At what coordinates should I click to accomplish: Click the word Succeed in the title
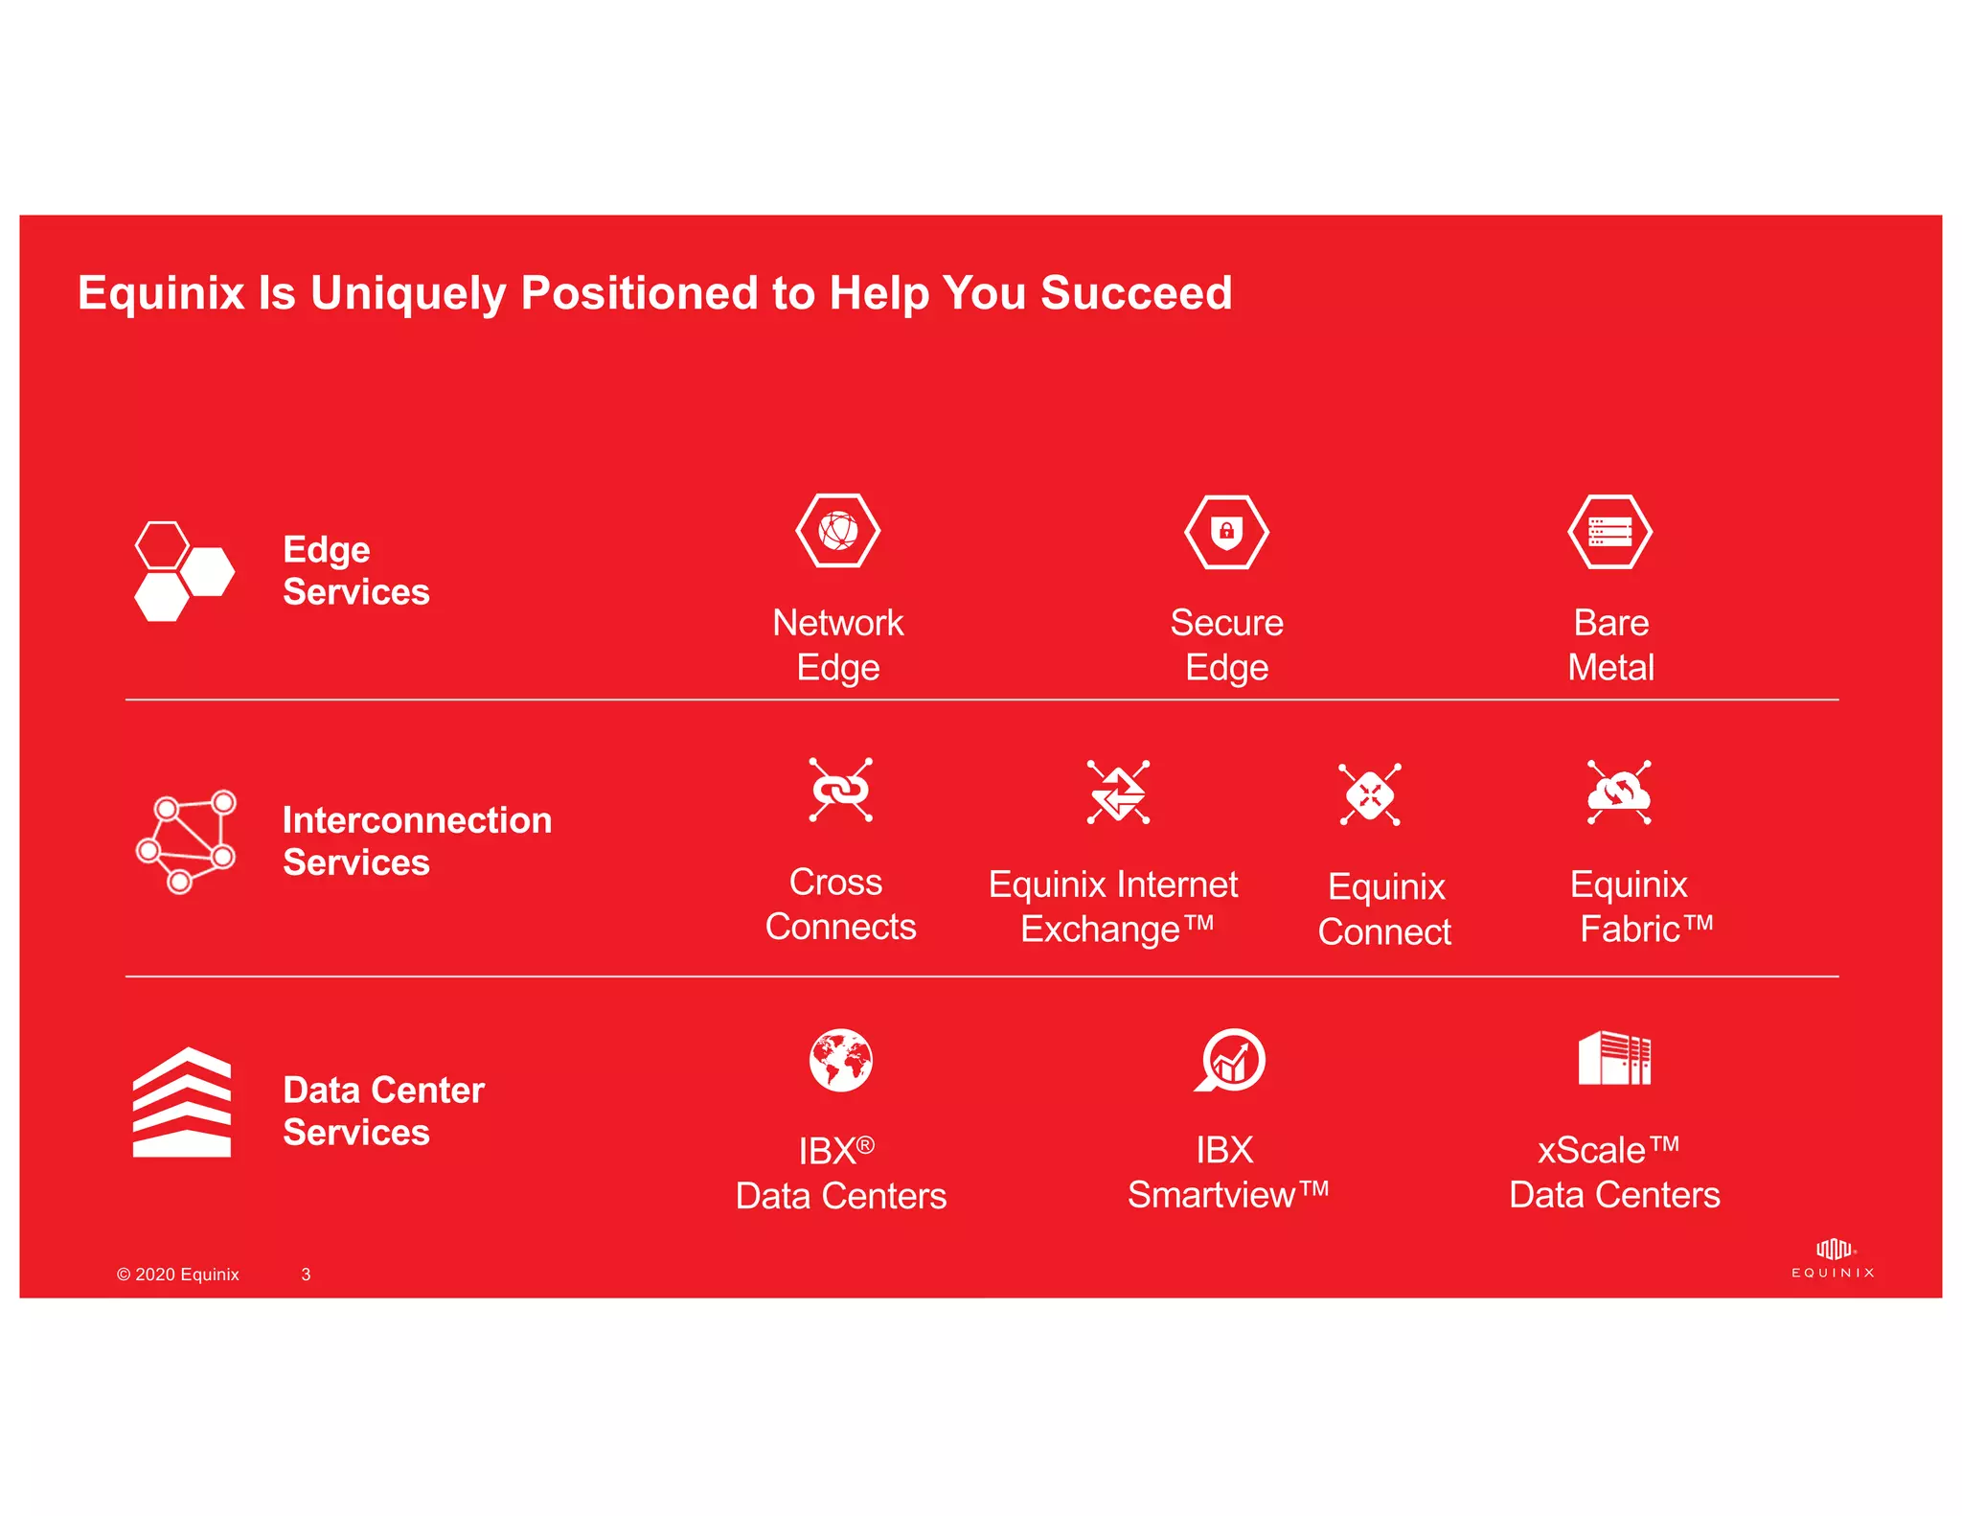point(1135,293)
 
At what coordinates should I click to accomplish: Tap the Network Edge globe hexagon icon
point(837,531)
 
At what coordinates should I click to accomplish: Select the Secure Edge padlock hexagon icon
point(1226,532)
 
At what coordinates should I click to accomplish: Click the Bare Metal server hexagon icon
point(1609,532)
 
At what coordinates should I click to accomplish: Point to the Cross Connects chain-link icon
point(840,791)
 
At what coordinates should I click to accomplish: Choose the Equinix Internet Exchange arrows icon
point(1118,792)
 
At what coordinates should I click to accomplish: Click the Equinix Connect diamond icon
point(1369,794)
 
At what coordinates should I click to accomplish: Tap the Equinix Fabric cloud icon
point(1618,792)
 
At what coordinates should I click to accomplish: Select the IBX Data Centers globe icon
point(840,1060)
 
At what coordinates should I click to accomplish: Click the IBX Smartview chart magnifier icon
point(1230,1060)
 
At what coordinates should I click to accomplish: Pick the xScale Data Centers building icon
point(1614,1058)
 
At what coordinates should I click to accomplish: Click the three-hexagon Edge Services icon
point(183,572)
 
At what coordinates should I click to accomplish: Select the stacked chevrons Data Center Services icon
point(181,1103)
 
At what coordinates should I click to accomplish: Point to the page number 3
point(306,1275)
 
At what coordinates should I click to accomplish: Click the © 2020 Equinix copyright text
point(177,1275)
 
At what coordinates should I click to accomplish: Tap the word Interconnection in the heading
point(417,820)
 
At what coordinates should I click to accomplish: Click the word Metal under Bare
point(1610,668)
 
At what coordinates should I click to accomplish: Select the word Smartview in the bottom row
point(1212,1195)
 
